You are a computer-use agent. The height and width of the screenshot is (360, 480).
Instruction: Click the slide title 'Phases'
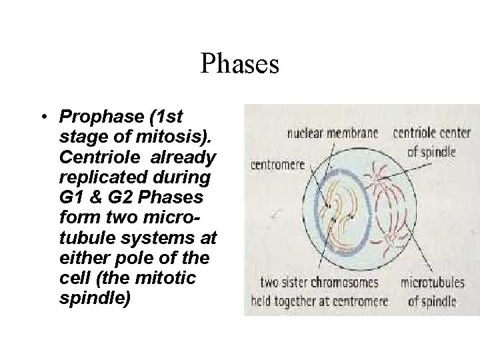[x=239, y=65]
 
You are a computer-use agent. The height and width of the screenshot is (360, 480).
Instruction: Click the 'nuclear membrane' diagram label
[x=332, y=133]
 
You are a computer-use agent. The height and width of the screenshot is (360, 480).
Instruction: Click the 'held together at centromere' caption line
[x=316, y=301]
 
